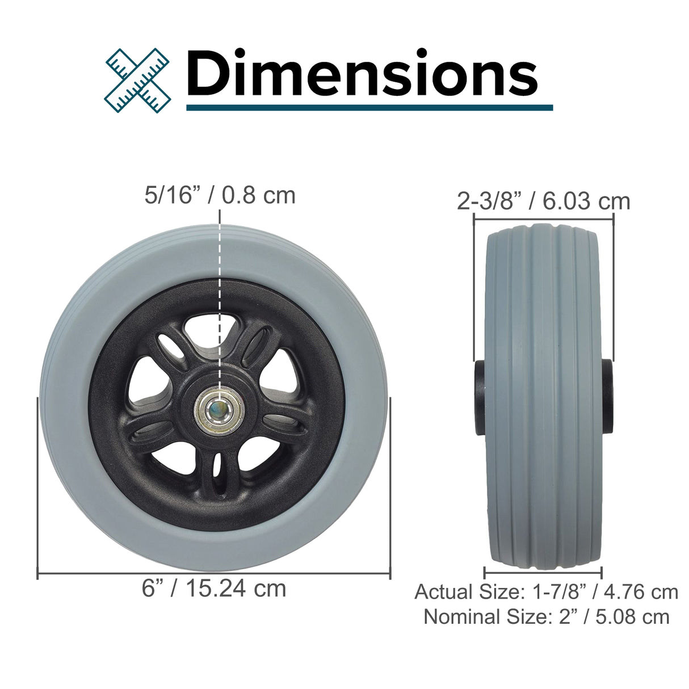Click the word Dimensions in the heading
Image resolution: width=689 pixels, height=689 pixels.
click(362, 74)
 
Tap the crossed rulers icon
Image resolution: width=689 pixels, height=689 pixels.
click(138, 79)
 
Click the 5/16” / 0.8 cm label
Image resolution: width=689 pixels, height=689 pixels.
click(220, 195)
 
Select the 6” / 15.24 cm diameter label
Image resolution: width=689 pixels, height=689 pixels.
click(214, 589)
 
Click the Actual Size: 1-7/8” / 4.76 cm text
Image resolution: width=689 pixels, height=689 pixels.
click(546, 591)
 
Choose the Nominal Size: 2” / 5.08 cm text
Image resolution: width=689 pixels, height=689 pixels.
click(546, 616)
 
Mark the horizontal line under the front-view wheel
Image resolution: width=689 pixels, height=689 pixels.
click(214, 574)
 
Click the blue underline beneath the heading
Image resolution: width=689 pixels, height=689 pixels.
click(369, 107)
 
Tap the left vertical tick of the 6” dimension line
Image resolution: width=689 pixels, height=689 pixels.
click(37, 488)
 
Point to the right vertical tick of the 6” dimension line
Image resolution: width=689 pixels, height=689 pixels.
click(390, 488)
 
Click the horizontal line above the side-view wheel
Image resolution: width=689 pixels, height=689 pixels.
click(543, 216)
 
